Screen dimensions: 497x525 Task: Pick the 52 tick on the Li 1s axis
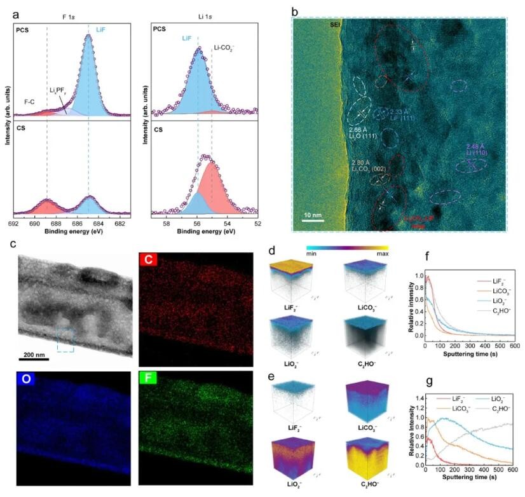(258, 224)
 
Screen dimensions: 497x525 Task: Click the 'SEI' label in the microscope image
(335, 25)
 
